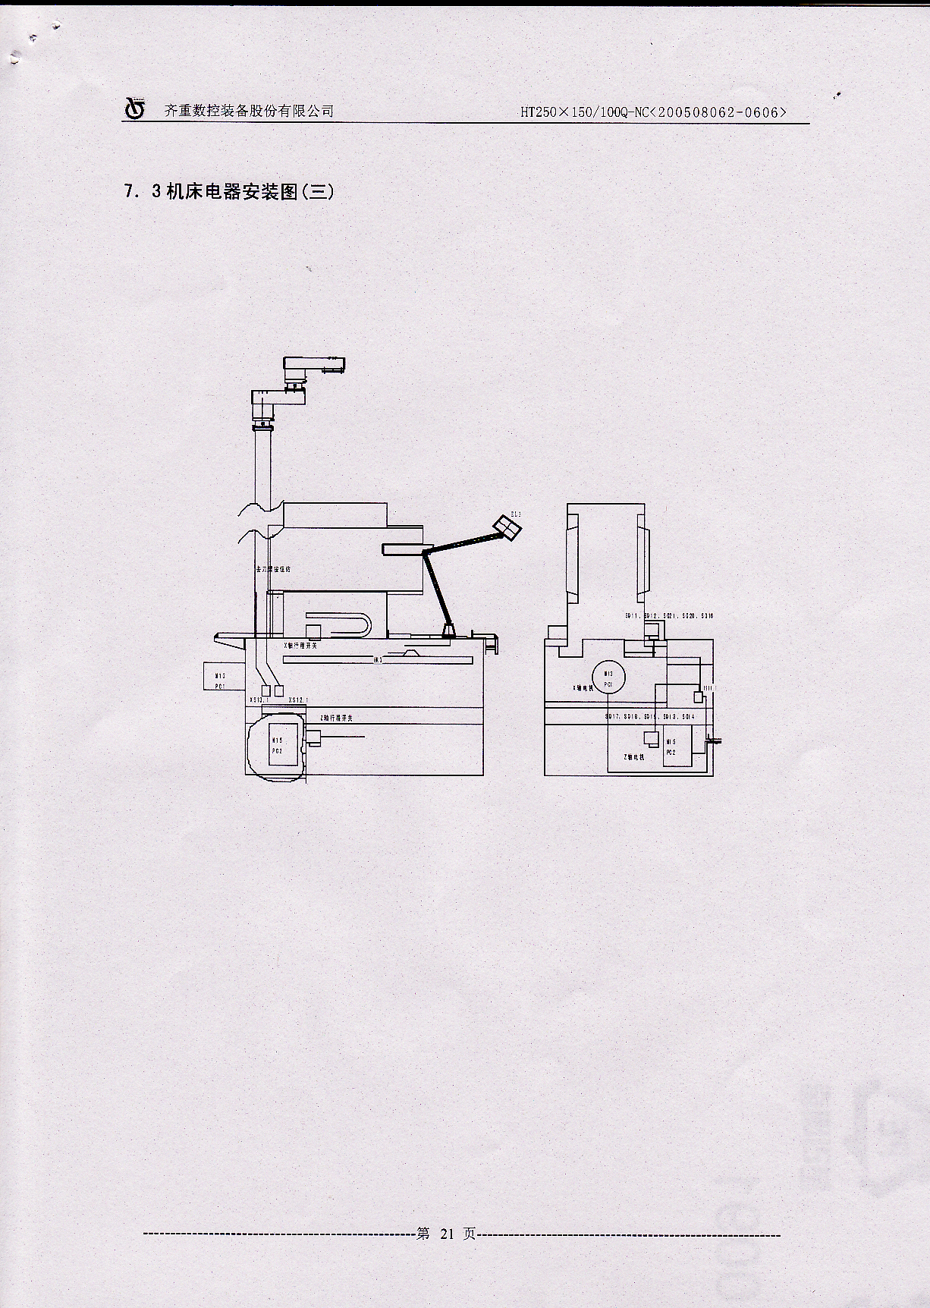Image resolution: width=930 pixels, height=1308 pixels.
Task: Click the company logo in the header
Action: (x=134, y=108)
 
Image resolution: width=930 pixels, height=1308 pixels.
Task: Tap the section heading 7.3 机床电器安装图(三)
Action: (x=228, y=192)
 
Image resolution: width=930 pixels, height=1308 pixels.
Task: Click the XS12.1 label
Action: (x=259, y=700)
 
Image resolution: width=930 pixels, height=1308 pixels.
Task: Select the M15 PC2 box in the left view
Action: (x=278, y=746)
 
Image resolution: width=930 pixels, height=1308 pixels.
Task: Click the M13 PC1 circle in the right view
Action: (x=608, y=678)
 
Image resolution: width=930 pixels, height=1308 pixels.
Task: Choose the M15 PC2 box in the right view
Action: (x=671, y=747)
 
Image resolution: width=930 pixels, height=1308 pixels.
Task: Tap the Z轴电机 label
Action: (x=633, y=757)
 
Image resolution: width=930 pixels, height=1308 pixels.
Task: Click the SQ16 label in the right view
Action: (x=707, y=616)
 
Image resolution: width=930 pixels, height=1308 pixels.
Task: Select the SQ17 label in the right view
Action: (x=612, y=717)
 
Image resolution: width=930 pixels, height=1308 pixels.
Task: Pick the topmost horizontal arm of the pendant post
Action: (x=313, y=368)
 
